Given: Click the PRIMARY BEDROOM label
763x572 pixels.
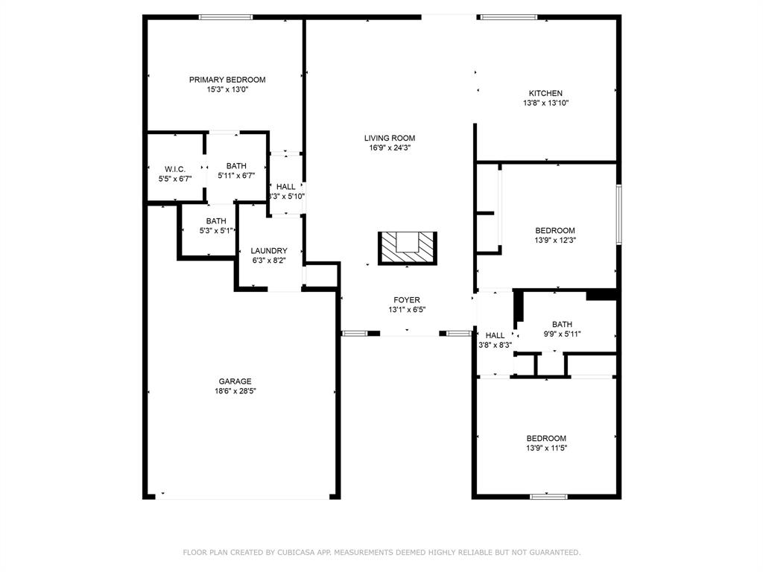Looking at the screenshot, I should point(227,80).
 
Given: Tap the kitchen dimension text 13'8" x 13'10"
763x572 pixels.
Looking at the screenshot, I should point(546,104).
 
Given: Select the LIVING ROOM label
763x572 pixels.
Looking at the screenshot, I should point(390,138).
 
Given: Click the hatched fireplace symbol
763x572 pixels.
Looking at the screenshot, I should point(408,248).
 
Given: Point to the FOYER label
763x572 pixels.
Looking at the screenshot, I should point(407,300).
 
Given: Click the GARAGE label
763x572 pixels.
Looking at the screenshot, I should point(235,381).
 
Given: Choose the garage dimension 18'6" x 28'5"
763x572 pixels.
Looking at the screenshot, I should point(235,391).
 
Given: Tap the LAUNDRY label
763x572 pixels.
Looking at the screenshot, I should point(269,251).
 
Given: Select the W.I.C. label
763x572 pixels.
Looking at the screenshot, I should point(175,169).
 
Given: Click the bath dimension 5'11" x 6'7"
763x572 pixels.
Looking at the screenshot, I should point(236,176).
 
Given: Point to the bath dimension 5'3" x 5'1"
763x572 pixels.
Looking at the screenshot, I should point(216,231).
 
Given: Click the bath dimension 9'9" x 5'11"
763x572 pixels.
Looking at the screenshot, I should point(562,334).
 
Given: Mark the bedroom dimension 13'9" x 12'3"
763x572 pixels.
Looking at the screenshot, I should point(555,241).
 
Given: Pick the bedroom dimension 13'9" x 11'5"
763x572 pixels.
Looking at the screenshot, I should point(546,448).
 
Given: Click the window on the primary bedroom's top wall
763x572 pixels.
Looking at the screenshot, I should point(225,17).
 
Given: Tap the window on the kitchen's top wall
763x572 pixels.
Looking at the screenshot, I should point(508,17).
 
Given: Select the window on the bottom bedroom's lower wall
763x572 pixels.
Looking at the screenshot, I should point(548,496).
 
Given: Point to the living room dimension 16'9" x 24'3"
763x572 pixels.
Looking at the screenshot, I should point(390,147).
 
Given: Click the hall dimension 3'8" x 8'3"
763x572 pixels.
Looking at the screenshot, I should point(495,345).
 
